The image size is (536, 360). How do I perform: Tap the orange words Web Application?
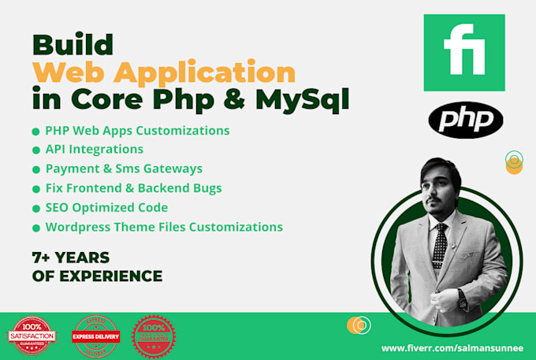click(164, 72)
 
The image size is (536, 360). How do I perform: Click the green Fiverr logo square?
click(463, 52)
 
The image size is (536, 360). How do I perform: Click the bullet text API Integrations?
click(94, 149)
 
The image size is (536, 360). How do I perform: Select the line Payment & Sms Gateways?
click(124, 169)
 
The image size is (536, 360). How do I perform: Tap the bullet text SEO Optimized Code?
click(106, 208)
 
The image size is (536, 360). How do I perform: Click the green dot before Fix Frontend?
click(35, 189)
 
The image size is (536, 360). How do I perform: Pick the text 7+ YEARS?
click(71, 258)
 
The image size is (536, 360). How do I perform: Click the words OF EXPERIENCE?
click(98, 276)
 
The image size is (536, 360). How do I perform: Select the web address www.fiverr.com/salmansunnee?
click(452, 347)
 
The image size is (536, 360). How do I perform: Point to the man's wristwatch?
click(461, 297)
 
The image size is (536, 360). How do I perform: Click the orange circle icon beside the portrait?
click(514, 164)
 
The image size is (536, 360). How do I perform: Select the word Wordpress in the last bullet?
click(76, 228)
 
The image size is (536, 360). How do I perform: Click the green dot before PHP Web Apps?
click(35, 131)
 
